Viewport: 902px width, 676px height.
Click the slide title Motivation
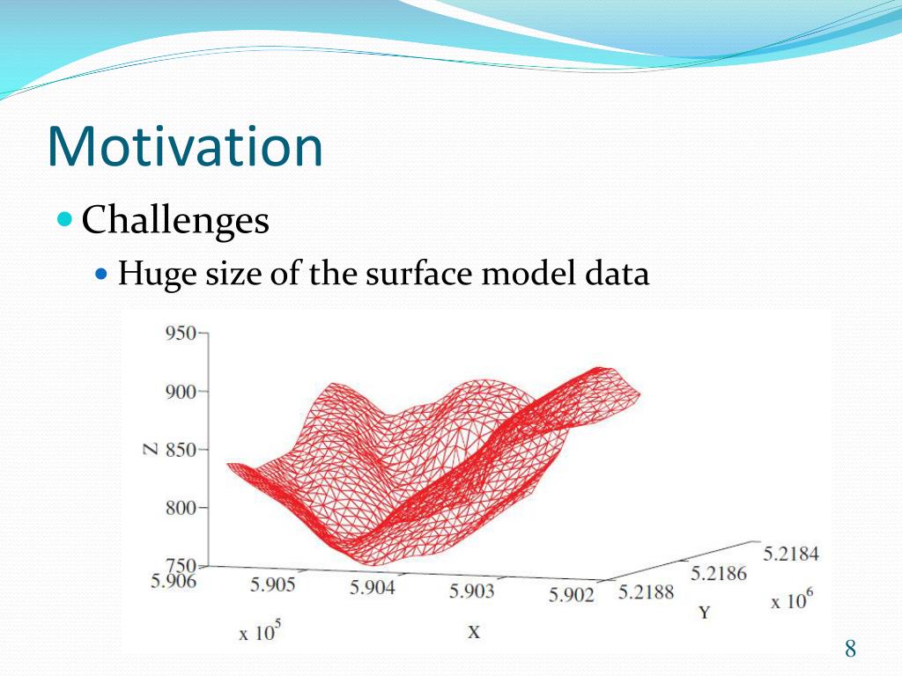[185, 146]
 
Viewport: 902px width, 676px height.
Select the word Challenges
[175, 221]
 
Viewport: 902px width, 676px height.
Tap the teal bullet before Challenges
[65, 218]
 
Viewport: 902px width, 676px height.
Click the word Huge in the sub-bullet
[154, 274]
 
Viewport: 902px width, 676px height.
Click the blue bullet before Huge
[101, 273]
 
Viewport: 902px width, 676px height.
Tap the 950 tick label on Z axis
[181, 333]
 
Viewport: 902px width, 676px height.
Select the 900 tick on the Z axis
[181, 392]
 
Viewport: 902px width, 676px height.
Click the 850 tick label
[181, 450]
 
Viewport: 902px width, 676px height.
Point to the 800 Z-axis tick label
[181, 508]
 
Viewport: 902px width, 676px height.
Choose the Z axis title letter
[150, 449]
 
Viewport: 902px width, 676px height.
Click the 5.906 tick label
[174, 581]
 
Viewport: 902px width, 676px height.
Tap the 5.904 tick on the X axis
[373, 587]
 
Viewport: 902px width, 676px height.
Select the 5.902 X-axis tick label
[571, 594]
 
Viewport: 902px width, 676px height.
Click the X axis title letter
[473, 632]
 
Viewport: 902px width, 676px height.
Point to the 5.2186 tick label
[719, 573]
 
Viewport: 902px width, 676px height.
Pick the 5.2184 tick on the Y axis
[791, 554]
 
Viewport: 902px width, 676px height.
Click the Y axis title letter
[705, 613]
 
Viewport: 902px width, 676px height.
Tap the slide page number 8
[850, 649]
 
